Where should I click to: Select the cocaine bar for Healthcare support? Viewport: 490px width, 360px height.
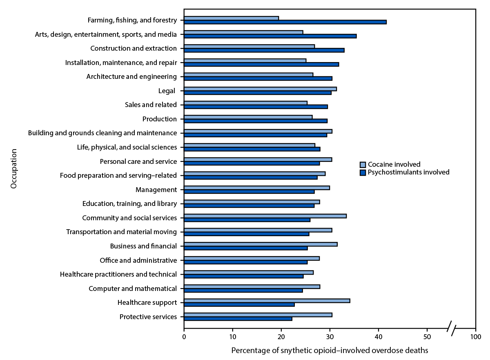[x=267, y=301]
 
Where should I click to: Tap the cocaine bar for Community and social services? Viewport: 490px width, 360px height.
[x=265, y=216]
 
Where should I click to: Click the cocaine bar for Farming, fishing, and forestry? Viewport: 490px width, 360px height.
[x=231, y=18]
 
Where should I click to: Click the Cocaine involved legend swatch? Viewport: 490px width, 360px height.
[x=363, y=165]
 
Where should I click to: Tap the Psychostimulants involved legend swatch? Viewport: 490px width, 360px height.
[x=363, y=172]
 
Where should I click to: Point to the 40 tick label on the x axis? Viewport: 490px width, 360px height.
[x=379, y=337]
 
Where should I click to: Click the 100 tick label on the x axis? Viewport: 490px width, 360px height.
[x=475, y=337]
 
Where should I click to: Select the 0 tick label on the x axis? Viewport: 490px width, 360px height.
[x=184, y=337]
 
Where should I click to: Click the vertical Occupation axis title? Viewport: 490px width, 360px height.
[x=14, y=168]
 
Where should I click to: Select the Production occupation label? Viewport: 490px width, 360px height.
[x=159, y=119]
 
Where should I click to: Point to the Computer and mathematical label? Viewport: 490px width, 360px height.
[x=133, y=288]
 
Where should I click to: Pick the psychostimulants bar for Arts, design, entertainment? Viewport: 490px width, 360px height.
[x=270, y=36]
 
